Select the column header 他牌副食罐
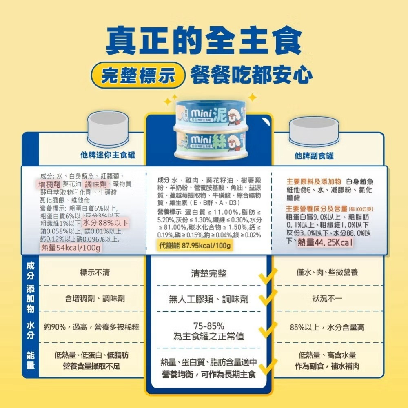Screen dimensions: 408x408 click(x=314, y=156)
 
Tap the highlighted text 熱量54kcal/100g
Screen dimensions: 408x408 click(x=71, y=248)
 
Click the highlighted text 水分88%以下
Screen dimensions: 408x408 click(x=106, y=223)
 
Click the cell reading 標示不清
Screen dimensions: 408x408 click(x=95, y=272)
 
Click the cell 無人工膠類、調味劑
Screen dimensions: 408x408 click(x=208, y=300)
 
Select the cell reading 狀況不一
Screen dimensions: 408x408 click(x=327, y=299)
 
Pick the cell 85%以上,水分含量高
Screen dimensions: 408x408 click(x=327, y=327)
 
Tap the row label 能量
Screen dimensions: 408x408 click(x=30, y=359)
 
